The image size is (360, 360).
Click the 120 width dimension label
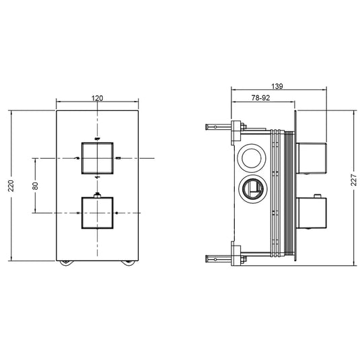[x=98, y=98]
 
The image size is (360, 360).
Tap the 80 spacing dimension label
[x=36, y=185]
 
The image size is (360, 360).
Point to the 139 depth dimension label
[x=278, y=86]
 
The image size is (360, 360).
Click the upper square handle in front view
[x=98, y=157]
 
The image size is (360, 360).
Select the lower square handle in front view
[x=98, y=213]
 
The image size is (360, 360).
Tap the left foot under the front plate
[x=65, y=263]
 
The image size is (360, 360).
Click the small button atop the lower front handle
[x=98, y=195]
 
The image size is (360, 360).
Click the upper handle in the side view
[x=312, y=159]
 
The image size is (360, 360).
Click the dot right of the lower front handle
[x=117, y=213]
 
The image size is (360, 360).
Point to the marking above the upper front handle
[x=98, y=138]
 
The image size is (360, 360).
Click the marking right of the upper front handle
[x=118, y=157]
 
